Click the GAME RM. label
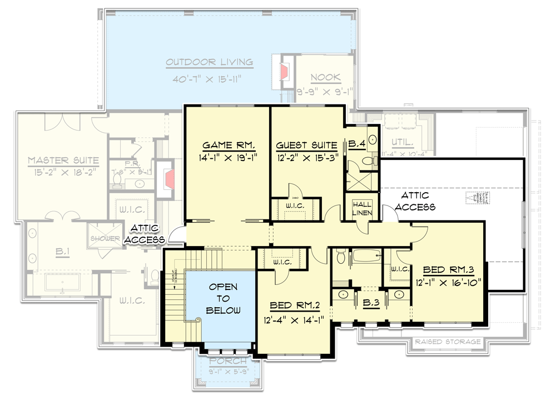[x=228, y=146]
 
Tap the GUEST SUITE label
[x=306, y=146]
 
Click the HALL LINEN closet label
[x=363, y=208]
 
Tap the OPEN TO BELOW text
[x=224, y=299]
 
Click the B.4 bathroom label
[x=356, y=145]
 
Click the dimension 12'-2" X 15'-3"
[x=306, y=158]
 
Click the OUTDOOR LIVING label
[x=209, y=62]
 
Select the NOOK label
[x=326, y=78]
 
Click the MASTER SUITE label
[x=63, y=161]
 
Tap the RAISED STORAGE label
[x=448, y=342]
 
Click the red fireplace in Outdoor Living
[x=284, y=71]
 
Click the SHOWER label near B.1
[x=105, y=238]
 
